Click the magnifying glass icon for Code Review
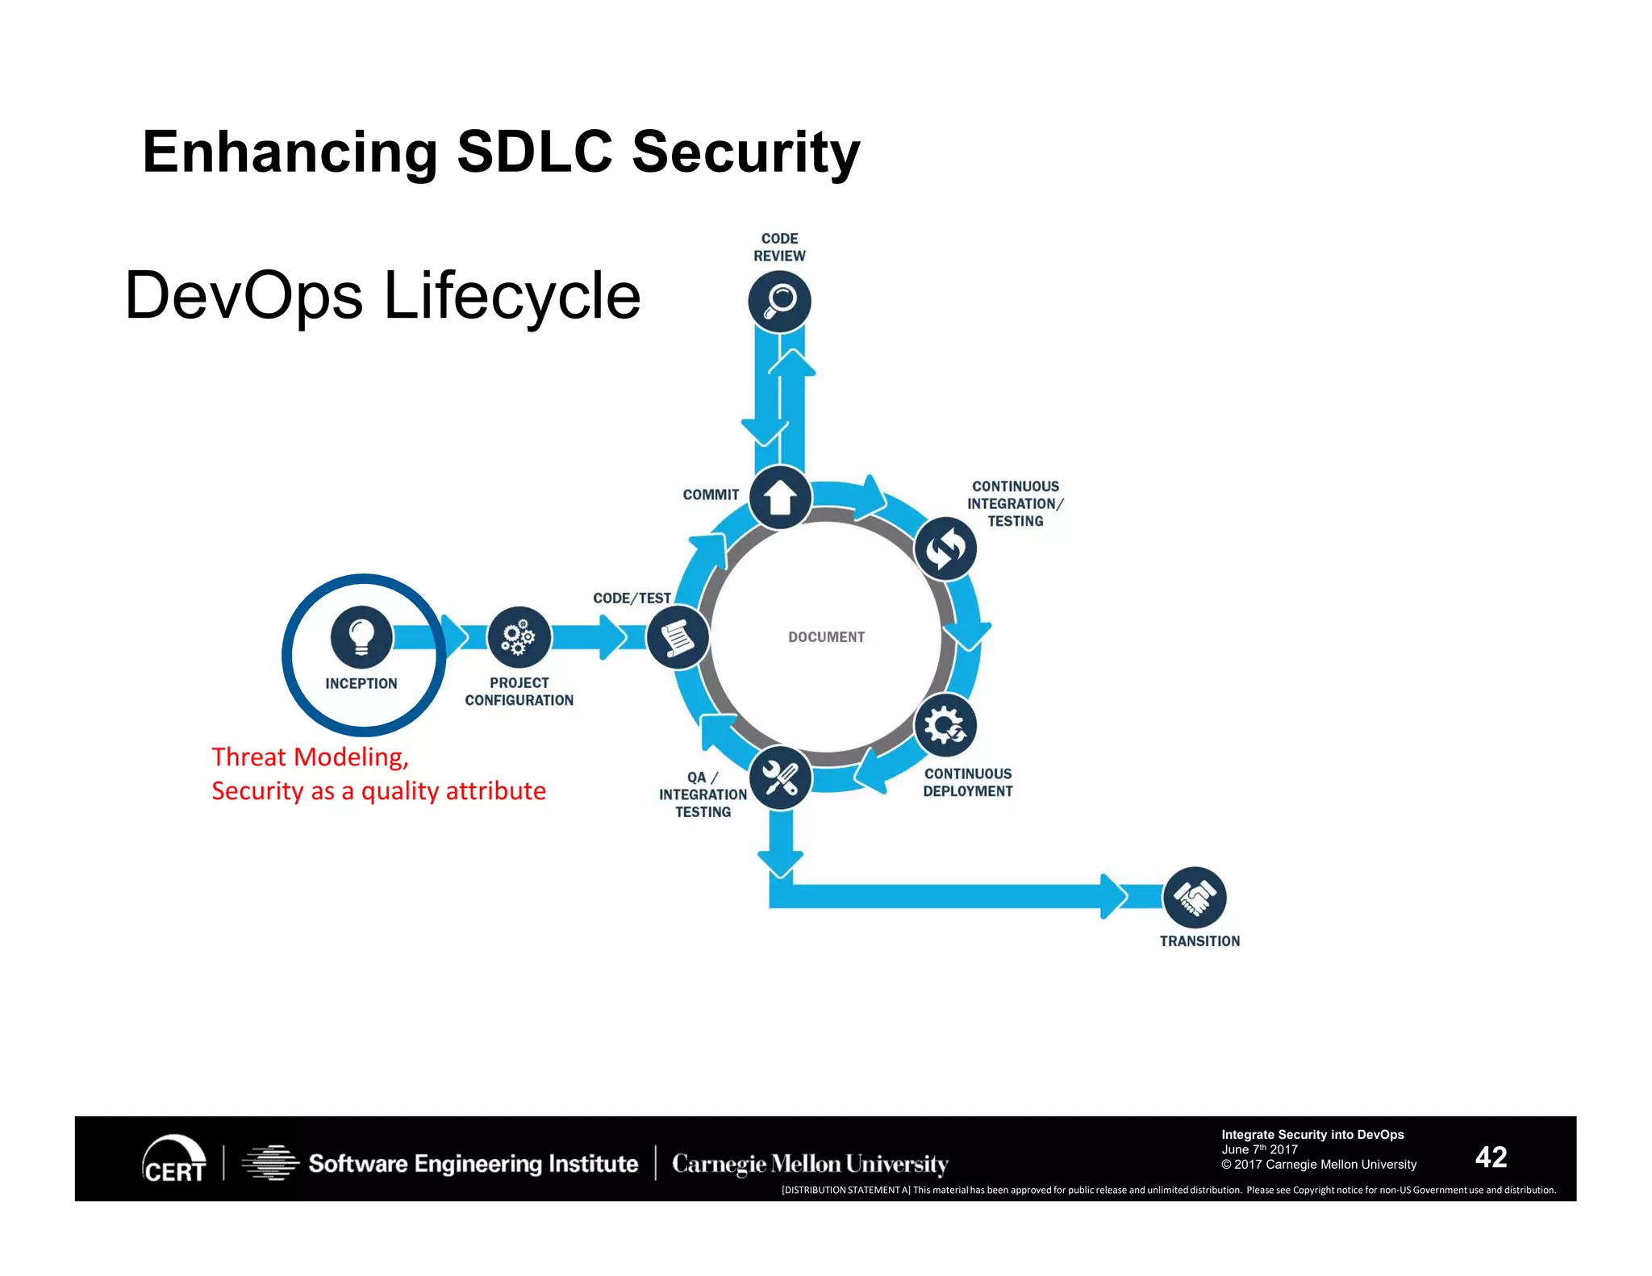[779, 302]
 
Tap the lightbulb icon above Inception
[361, 636]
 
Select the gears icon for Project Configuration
[519, 637]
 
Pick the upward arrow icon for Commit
[780, 497]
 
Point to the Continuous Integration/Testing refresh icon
[945, 548]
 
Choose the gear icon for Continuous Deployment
[945, 725]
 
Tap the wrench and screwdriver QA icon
[780, 778]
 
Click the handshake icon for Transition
[1195, 898]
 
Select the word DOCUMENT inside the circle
[826, 637]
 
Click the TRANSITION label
[1199, 941]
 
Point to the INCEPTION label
[361, 684]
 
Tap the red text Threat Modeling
[310, 757]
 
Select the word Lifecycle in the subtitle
[511, 296]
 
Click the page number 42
[1491, 1157]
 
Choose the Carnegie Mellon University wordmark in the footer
[810, 1164]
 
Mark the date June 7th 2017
[1259, 1149]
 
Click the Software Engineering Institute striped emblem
[271, 1163]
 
